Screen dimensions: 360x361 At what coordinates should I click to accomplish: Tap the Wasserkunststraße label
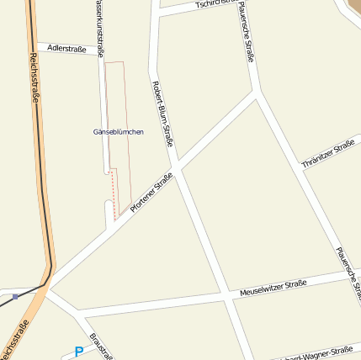click(99, 25)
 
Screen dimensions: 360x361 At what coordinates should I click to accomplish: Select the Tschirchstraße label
click(211, 4)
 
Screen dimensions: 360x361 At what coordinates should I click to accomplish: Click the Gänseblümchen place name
click(119, 132)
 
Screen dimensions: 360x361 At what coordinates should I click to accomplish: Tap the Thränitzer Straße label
click(328, 154)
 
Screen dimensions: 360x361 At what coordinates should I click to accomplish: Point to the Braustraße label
click(101, 345)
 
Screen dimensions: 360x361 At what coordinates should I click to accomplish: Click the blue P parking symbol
click(78, 352)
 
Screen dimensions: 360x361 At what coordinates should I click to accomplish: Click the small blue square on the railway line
click(15, 296)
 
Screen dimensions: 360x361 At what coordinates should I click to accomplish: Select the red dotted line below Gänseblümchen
click(112, 189)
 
